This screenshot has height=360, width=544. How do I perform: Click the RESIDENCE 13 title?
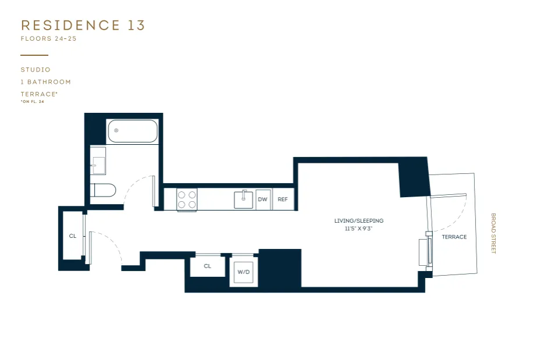click(83, 25)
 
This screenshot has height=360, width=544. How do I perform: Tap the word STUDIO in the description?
click(35, 70)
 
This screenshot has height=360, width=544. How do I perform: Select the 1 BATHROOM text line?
click(45, 82)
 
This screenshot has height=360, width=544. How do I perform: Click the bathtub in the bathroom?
click(133, 131)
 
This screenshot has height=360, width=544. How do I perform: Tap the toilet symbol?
click(104, 190)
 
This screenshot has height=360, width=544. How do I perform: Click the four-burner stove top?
click(187, 199)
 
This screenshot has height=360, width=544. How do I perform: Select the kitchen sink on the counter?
click(243, 199)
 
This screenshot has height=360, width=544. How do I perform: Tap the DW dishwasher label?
click(262, 199)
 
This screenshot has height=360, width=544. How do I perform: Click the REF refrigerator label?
click(283, 199)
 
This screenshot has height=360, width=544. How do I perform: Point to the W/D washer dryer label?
click(243, 272)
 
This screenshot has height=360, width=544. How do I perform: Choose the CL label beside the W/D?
click(207, 266)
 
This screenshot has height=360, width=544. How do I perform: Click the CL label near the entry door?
click(73, 236)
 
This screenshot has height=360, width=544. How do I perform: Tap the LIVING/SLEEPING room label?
click(359, 221)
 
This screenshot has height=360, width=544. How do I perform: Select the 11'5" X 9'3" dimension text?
click(359, 229)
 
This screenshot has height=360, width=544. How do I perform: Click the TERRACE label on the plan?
click(454, 237)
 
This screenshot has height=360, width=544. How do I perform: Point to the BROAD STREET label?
click(493, 233)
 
